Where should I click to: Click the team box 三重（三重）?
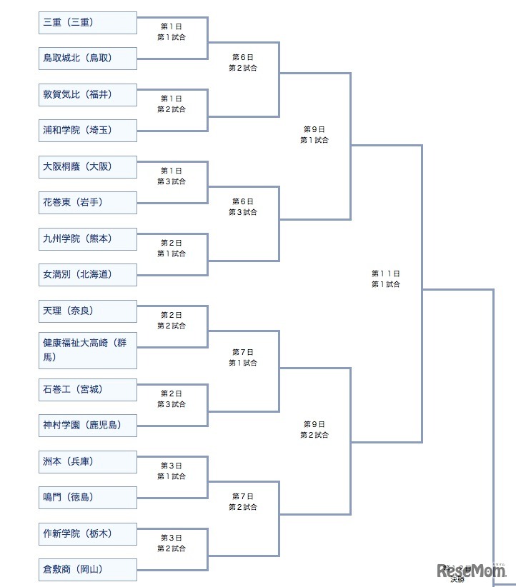pyautogui.click(x=87, y=23)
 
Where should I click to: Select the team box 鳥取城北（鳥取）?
pyautogui.click(x=87, y=59)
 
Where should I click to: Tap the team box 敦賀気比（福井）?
pyautogui.click(x=87, y=95)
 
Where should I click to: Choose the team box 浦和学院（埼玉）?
pyautogui.click(x=87, y=131)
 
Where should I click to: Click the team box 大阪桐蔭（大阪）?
pyautogui.click(x=87, y=167)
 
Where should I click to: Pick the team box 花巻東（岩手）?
pyautogui.click(x=87, y=203)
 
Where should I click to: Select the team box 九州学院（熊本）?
pyautogui.click(x=87, y=239)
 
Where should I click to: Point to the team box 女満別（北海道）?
pyautogui.click(x=87, y=275)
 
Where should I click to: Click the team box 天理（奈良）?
pyautogui.click(x=87, y=311)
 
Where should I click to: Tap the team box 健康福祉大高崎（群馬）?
pyautogui.click(x=87, y=351)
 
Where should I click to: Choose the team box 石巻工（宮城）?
pyautogui.click(x=87, y=390)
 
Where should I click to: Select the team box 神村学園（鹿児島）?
pyautogui.click(x=87, y=426)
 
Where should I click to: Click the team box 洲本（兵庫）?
pyautogui.click(x=87, y=462)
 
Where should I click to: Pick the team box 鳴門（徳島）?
pyautogui.click(x=87, y=498)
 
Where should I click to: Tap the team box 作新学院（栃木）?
pyautogui.click(x=87, y=534)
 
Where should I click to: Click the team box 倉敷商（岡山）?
pyautogui.click(x=87, y=570)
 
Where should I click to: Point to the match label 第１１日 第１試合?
pyautogui.click(x=386, y=279)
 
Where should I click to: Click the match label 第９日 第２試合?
pyautogui.click(x=314, y=429)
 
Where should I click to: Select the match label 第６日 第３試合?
pyautogui.click(x=243, y=207)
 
